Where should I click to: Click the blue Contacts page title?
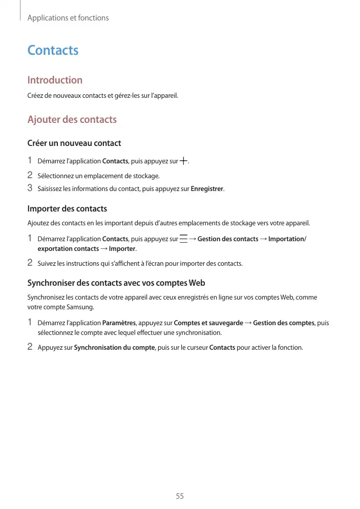(x=53, y=50)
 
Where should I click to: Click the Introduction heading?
(x=55, y=80)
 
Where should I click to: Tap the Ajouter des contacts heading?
(x=72, y=120)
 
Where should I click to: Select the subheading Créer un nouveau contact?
(x=74, y=143)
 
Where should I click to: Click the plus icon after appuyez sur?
(x=184, y=161)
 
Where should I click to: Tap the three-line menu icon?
(x=183, y=239)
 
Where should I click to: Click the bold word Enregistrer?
(x=207, y=189)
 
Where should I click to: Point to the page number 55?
(x=180, y=496)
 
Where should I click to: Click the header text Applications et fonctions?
(x=68, y=18)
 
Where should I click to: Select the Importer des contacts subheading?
(x=67, y=209)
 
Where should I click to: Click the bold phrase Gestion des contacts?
(x=228, y=239)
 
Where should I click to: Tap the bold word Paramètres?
(x=119, y=323)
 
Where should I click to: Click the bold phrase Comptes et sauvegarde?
(x=208, y=323)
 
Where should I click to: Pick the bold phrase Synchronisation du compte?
(x=114, y=348)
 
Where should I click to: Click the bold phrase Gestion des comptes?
(x=283, y=323)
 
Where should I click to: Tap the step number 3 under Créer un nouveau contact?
(x=30, y=188)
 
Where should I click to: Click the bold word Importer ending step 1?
(x=123, y=249)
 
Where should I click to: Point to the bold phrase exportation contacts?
(x=68, y=249)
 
